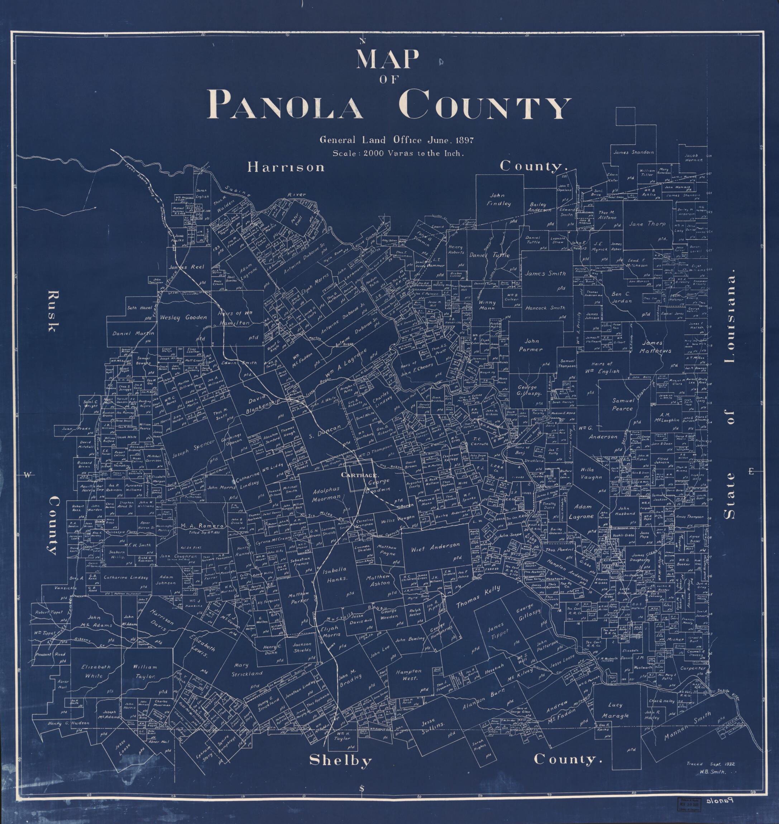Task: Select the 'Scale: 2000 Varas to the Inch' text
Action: click(x=397, y=153)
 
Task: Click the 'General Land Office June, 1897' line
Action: click(x=396, y=140)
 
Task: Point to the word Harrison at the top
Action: click(x=286, y=167)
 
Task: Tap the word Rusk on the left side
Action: click(x=53, y=311)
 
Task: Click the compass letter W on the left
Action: click(x=27, y=475)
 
